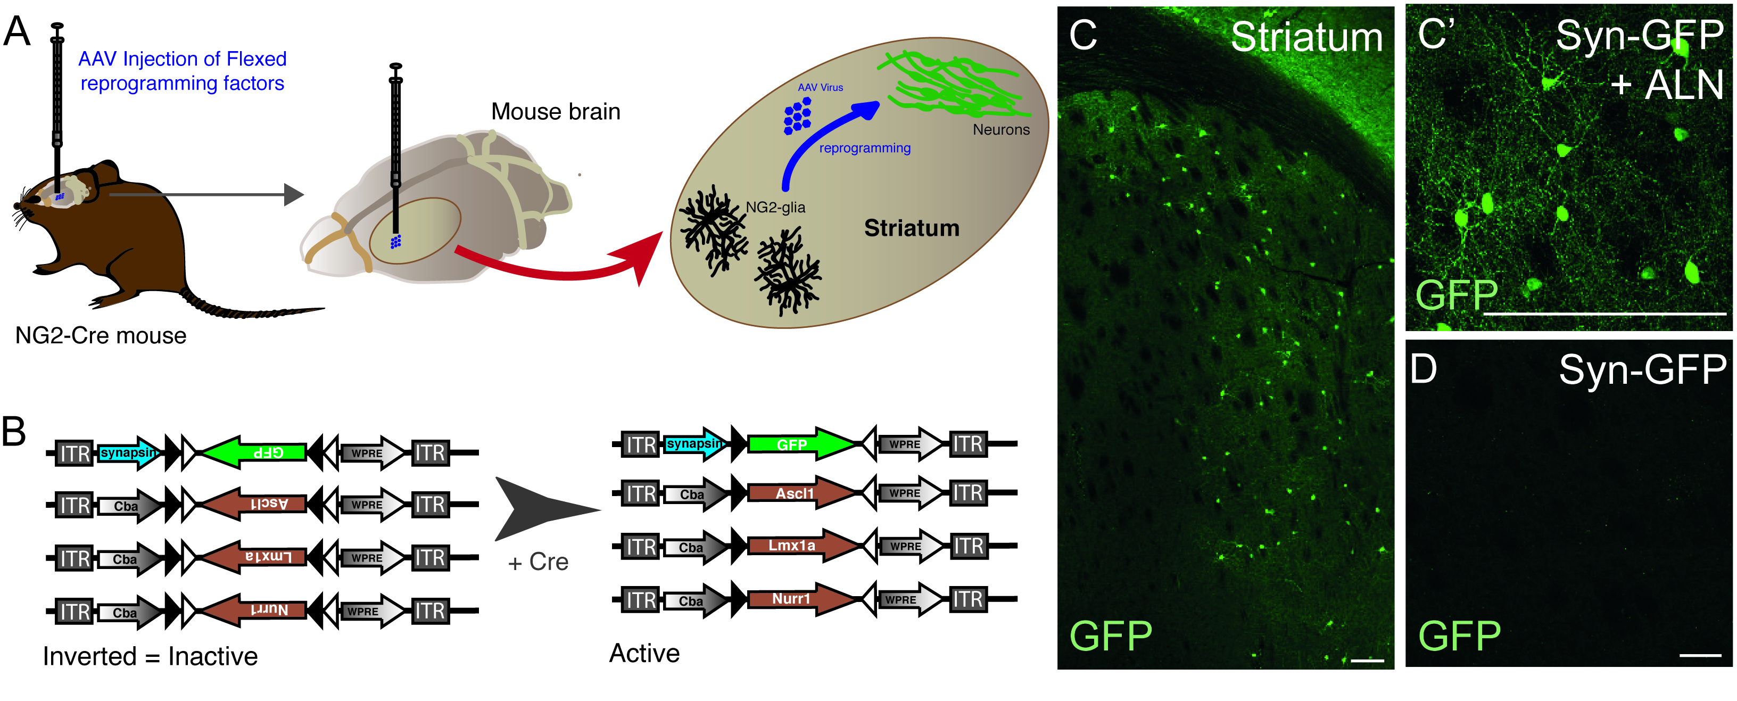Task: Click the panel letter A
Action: click(18, 32)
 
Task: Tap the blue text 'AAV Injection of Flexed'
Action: click(182, 60)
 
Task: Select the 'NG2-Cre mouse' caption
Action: click(101, 335)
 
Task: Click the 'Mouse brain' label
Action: click(555, 111)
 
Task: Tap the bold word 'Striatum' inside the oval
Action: click(911, 228)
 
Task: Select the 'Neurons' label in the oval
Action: click(1000, 129)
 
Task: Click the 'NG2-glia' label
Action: click(775, 207)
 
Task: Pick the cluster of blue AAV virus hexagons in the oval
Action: click(797, 116)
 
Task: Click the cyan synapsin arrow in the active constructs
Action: click(694, 444)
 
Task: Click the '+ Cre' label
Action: click(538, 562)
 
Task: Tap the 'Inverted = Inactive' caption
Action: click(150, 656)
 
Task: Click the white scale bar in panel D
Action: click(1699, 655)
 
